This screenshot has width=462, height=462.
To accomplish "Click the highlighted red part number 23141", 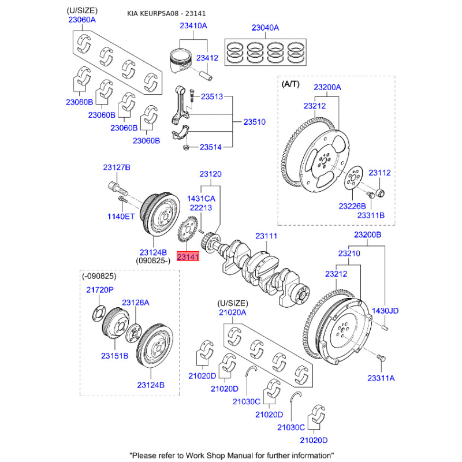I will tap(188, 257).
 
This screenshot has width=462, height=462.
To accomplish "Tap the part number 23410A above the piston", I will tap(193, 26).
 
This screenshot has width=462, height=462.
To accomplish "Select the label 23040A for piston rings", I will tap(265, 27).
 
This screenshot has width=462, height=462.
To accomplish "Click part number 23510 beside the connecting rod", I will tap(254, 122).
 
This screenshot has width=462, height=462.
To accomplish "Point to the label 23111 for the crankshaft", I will tap(267, 236).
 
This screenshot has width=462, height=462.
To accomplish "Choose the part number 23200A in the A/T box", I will tap(327, 87).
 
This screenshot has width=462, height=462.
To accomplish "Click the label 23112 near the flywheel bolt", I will tap(380, 172).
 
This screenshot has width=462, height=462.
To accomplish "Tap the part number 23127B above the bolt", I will tap(117, 167).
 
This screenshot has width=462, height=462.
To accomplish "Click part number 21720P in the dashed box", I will tap(100, 289).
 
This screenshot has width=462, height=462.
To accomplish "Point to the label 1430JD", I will tap(385, 311).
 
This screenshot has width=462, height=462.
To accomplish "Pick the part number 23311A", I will tap(381, 378).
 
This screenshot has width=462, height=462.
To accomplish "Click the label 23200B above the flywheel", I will tap(367, 235).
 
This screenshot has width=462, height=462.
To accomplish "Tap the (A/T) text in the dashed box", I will tap(290, 84).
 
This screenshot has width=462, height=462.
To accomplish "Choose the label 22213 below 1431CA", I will tap(201, 208).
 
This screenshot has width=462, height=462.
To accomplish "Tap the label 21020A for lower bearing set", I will tap(232, 312).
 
